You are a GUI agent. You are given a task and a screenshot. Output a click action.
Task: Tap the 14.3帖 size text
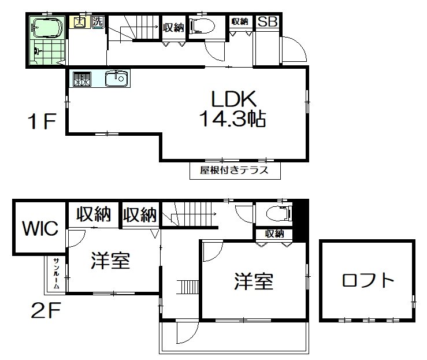tap(232, 119)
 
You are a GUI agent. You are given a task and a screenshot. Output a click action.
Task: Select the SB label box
tap(267, 22)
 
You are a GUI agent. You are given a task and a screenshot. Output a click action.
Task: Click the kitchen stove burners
tap(80, 79)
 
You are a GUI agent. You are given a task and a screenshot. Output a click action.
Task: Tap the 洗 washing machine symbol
tap(97, 21)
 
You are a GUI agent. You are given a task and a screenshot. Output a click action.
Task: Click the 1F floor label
tap(41, 121)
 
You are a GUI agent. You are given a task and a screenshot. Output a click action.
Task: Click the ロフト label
tap(368, 281)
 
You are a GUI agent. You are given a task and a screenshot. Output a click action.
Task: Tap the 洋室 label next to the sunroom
tap(110, 261)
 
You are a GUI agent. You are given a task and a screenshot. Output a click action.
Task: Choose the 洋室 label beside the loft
tap(254, 281)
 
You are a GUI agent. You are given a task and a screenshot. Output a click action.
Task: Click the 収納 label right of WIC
tap(94, 215)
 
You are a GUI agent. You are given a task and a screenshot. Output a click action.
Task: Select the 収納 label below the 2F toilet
tap(275, 233)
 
